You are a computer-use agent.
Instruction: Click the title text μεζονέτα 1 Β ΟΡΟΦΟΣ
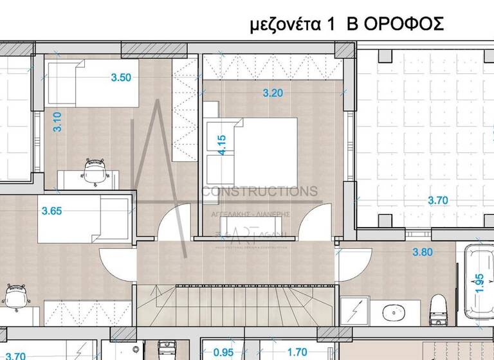(347, 25)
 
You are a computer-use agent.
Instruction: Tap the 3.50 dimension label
(121, 78)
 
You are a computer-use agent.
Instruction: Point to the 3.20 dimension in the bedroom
(273, 93)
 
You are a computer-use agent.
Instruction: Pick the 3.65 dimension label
(53, 210)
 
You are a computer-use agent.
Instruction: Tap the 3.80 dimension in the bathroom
(421, 252)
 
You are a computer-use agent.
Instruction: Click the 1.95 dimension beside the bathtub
(479, 283)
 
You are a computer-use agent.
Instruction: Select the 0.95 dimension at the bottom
(223, 352)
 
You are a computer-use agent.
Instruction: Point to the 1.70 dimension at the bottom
(297, 352)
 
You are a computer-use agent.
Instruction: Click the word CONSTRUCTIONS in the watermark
(260, 192)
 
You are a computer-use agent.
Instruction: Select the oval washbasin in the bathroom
(392, 313)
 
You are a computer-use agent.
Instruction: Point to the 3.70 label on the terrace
(437, 201)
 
